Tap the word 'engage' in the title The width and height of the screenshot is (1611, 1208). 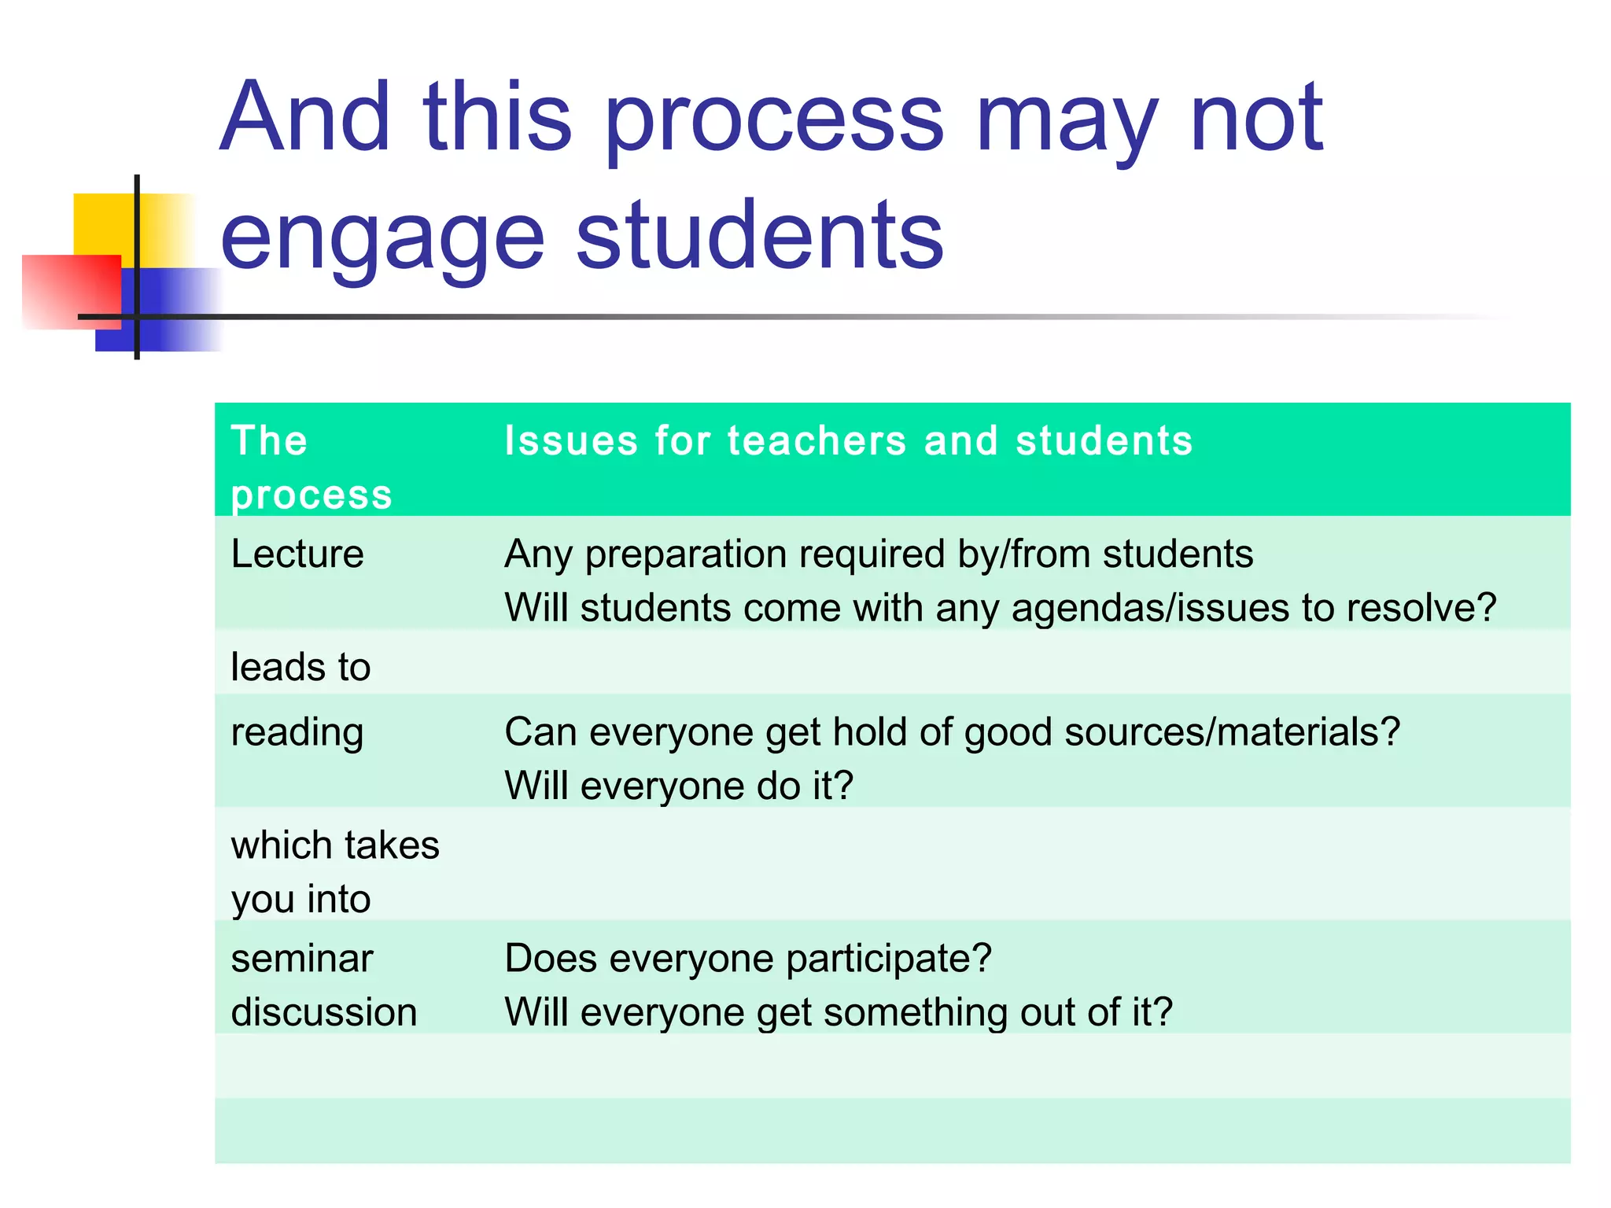(382, 236)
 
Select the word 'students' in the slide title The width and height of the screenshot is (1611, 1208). (760, 236)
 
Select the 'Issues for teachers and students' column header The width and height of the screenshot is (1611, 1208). (848, 440)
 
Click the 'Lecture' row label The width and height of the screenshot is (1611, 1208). (297, 554)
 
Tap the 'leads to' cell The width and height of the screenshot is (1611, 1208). (300, 667)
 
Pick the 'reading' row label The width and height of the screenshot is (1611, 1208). (297, 733)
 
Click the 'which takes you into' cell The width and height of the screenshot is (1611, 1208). (335, 871)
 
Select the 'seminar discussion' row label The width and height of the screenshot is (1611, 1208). (323, 985)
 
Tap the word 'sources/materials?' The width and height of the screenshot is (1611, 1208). (1232, 733)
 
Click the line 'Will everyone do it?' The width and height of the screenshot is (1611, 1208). (679, 786)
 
